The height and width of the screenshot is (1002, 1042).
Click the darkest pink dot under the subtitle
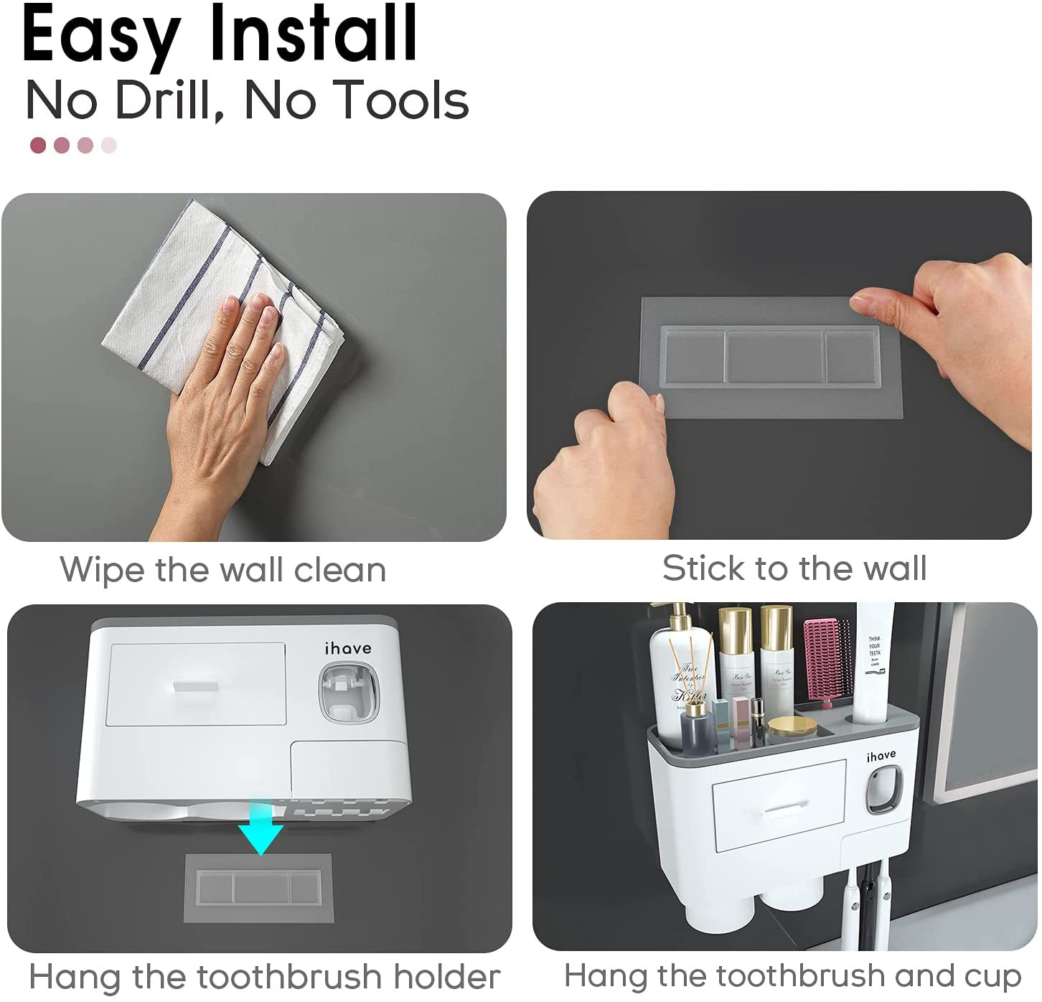(x=38, y=146)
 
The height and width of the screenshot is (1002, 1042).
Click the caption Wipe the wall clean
(x=223, y=571)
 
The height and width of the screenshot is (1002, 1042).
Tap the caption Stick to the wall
(x=794, y=568)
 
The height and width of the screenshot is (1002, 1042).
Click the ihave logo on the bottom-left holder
(x=348, y=649)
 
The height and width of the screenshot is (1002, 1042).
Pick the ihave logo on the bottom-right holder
(x=881, y=756)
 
